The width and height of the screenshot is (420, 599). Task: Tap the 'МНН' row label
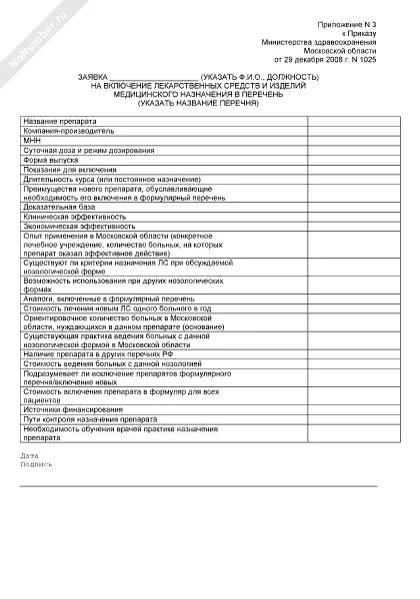click(31, 140)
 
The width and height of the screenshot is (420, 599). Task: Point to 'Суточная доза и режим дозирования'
click(85, 149)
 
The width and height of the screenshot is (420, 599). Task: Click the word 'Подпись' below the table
click(36, 465)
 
